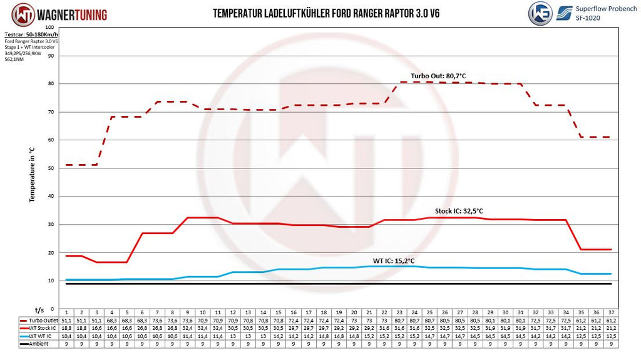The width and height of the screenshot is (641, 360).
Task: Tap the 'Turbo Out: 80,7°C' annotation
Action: (438, 76)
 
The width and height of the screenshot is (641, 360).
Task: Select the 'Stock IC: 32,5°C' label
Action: (459, 211)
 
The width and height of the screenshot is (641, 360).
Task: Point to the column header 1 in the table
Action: (66, 311)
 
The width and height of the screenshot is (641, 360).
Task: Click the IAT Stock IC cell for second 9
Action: (188, 327)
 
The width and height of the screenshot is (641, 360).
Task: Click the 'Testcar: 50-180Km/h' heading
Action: (31, 35)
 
